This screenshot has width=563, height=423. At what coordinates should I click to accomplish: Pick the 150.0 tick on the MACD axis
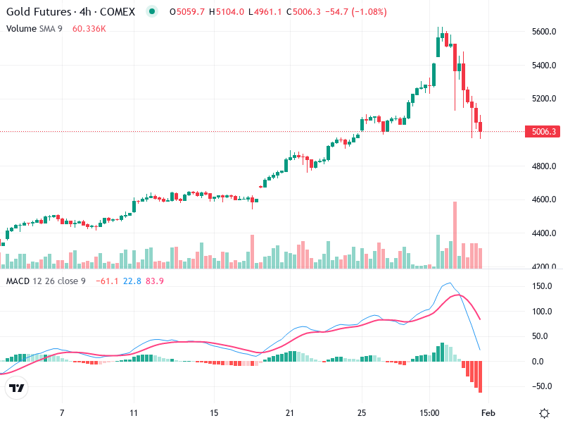click(540, 286)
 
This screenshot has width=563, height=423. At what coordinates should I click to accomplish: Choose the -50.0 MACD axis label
click(540, 386)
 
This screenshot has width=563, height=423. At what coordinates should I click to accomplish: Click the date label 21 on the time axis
click(289, 412)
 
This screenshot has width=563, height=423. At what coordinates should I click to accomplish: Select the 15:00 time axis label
click(430, 412)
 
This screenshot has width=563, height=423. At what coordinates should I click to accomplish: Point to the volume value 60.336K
click(89, 28)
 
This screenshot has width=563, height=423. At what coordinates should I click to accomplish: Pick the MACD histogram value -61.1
click(108, 281)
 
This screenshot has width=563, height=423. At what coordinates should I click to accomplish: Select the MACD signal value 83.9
click(156, 281)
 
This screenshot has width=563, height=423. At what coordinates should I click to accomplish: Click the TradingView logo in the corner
click(16, 388)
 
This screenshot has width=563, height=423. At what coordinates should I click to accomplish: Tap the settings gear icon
click(544, 412)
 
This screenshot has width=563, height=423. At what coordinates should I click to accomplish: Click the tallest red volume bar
click(455, 235)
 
